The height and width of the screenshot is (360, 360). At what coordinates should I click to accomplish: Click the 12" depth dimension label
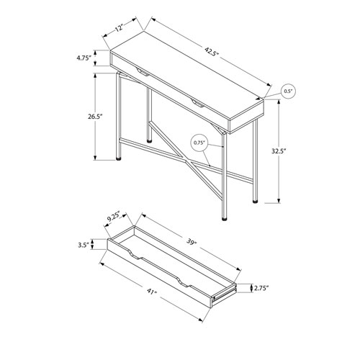(x=119, y=28)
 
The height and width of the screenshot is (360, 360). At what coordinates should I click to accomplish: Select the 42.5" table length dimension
(x=212, y=51)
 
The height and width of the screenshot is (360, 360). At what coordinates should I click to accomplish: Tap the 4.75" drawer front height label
(x=84, y=58)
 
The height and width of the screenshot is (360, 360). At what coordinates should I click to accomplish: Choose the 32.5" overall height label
(x=279, y=151)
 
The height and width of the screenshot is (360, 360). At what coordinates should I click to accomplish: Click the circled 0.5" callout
(x=288, y=91)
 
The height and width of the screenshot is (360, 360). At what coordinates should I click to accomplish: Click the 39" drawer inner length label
(x=192, y=243)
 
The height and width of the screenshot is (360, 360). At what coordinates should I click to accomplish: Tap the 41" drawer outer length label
(x=151, y=292)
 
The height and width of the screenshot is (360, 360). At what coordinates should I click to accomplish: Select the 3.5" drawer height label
(x=84, y=245)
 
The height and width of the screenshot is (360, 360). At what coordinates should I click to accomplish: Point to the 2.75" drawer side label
(x=261, y=288)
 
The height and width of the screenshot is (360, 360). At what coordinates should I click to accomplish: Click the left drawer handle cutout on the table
(x=143, y=72)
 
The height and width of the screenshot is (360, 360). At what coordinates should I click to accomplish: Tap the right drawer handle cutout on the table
(x=197, y=103)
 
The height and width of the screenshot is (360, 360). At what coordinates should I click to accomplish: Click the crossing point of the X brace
(x=186, y=161)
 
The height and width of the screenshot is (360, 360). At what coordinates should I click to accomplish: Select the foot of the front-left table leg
(x=119, y=158)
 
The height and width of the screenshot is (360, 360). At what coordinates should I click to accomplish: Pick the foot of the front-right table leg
(x=224, y=219)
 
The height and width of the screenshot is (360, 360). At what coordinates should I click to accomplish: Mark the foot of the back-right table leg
(x=255, y=202)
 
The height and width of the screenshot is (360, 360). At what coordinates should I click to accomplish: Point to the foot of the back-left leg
(x=149, y=141)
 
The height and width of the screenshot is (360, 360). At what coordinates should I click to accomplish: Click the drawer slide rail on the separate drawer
(x=224, y=294)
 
